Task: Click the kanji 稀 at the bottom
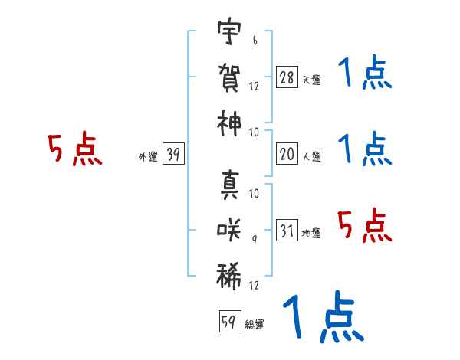coord(230,274)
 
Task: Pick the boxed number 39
coord(173,155)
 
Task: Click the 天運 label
coord(311,80)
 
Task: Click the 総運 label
coord(255,324)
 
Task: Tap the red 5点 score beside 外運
coord(74,149)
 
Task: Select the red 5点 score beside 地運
coord(364,226)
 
